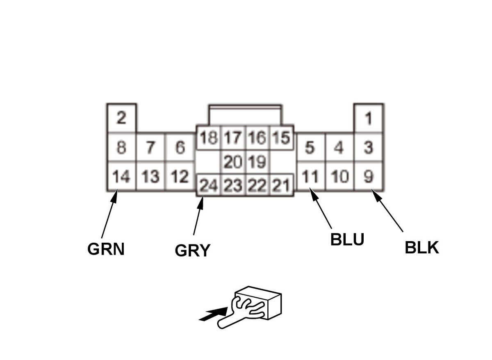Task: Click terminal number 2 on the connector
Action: click(x=121, y=118)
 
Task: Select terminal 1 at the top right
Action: click(x=369, y=118)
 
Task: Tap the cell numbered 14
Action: click(x=121, y=177)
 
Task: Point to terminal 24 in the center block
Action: click(x=208, y=186)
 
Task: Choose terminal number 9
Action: click(x=369, y=177)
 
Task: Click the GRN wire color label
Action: click(x=106, y=249)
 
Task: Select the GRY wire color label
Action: click(x=192, y=250)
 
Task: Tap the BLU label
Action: click(x=347, y=240)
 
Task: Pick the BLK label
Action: click(x=422, y=248)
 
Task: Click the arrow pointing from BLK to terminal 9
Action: click(x=387, y=211)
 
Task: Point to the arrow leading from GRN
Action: click(x=109, y=214)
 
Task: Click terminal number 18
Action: click(x=208, y=138)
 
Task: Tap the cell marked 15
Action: click(x=281, y=138)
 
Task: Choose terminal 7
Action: click(x=150, y=148)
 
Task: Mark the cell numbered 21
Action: click(x=281, y=186)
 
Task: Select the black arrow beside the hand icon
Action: click(x=211, y=315)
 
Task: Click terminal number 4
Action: click(x=339, y=148)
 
